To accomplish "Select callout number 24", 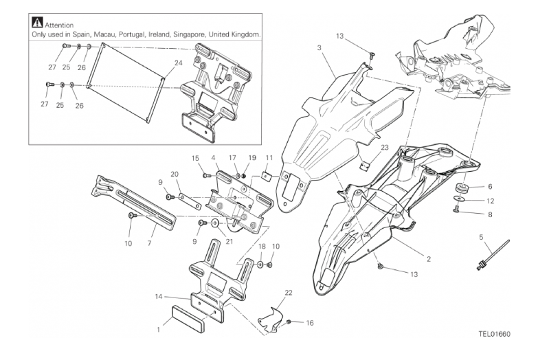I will [x=178, y=63].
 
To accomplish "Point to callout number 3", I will [x=320, y=47].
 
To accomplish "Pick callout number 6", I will [x=489, y=186].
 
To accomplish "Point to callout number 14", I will [x=159, y=297].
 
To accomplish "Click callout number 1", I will [x=159, y=329].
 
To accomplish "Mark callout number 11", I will [x=269, y=158].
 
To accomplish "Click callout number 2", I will [x=428, y=259].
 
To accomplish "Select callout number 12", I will [x=489, y=201].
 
